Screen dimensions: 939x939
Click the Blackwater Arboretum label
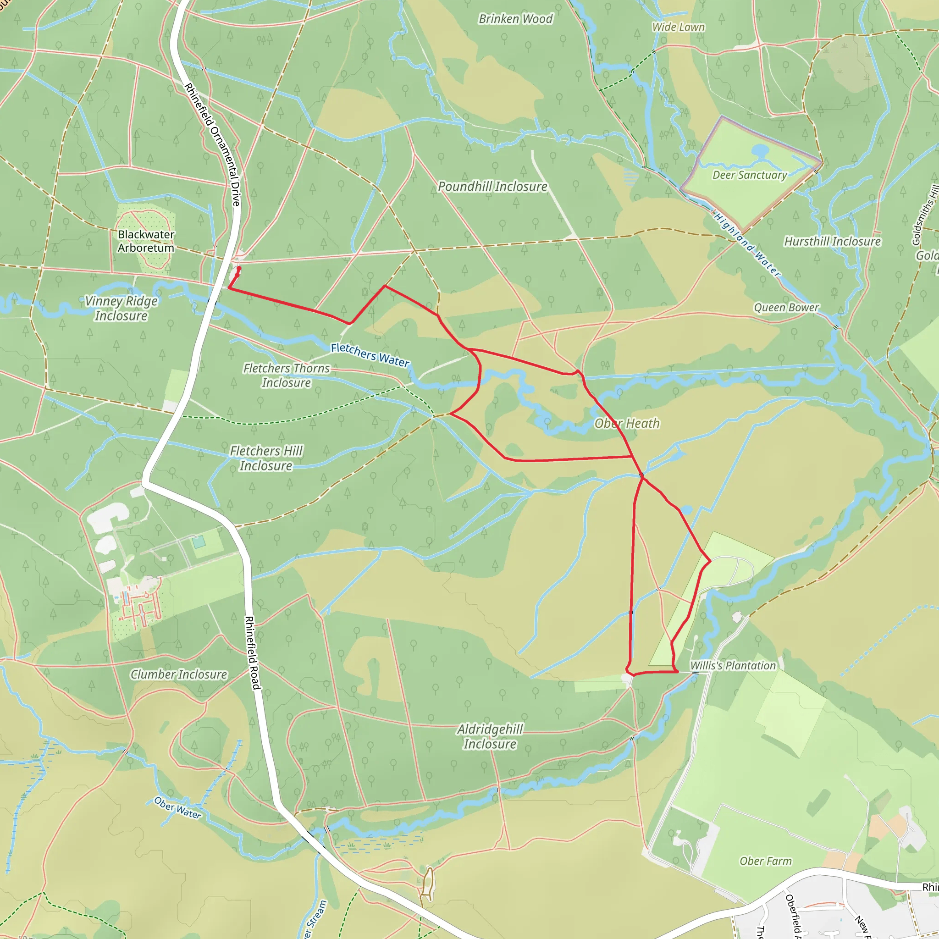146,241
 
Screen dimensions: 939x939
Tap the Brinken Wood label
516,19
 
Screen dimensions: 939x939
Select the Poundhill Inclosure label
492,187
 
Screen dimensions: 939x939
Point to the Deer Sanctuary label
750,175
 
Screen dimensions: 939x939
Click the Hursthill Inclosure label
833,242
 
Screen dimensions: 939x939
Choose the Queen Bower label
786,308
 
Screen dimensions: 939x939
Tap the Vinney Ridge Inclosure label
121,309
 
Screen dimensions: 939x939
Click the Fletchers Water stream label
370,355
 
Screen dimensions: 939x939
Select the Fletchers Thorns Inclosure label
286,376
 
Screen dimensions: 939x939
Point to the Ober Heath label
627,424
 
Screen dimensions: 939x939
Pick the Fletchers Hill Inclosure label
266,458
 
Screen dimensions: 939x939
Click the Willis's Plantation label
733,666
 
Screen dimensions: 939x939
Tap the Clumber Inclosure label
179,674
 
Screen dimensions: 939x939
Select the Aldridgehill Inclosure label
490,736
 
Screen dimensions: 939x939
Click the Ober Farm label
766,861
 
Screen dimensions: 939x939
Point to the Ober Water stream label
177,807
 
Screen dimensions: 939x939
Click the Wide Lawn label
678,27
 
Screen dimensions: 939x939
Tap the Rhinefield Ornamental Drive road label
212,144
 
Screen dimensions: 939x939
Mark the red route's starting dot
238,268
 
